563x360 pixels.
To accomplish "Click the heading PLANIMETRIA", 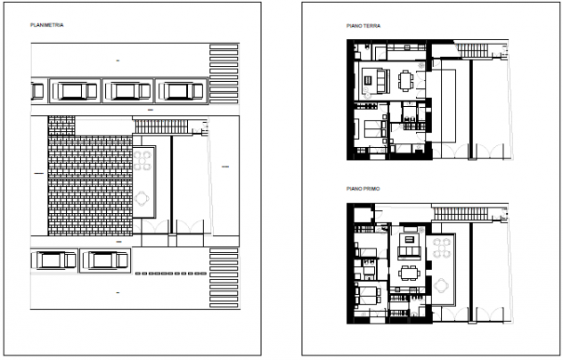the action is click(47, 25).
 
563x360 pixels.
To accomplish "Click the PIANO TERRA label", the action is click(363, 26).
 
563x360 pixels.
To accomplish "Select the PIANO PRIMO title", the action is click(363, 189).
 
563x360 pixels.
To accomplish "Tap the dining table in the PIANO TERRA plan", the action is click(405, 80).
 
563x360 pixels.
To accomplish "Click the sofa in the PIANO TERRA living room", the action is click(382, 81).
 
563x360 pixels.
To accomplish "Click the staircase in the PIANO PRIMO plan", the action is click(461, 214).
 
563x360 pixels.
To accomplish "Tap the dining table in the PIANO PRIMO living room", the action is click(409, 274).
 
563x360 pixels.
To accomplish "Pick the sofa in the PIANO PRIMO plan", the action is click(409, 252).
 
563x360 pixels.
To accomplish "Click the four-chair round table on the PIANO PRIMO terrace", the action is click(442, 248).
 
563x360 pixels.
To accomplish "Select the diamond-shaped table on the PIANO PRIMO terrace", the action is click(441, 286).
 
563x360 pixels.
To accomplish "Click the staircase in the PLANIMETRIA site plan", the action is click(161, 127).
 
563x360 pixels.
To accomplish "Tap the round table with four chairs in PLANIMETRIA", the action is click(143, 160).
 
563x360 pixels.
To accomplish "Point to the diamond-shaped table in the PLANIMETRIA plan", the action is click(143, 198).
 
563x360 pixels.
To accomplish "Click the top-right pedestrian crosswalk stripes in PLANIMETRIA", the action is click(224, 73).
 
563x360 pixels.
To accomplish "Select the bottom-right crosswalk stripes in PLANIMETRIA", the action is click(224, 278).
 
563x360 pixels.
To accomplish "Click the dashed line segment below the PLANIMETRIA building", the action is click(171, 274).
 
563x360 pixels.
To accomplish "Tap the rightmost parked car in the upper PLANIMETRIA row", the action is click(182, 91).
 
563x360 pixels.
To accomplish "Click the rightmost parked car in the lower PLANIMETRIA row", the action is click(105, 260).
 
